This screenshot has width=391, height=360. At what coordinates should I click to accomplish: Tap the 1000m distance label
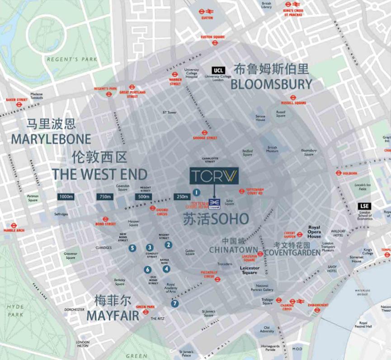point(66,197)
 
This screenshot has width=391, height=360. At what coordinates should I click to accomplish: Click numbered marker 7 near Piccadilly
point(175,303)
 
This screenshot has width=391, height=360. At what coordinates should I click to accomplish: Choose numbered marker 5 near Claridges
point(132,248)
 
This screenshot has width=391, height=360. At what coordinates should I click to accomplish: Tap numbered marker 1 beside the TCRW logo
point(196,192)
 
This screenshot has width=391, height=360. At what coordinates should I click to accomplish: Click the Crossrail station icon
point(214,202)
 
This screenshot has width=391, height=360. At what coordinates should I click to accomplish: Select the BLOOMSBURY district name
point(271,84)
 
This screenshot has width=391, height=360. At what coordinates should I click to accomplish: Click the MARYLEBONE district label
point(51,139)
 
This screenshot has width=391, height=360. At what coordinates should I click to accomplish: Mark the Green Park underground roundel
point(146,312)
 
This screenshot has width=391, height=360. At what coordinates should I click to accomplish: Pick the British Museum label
point(272,150)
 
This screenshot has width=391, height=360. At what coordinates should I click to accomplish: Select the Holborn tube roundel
point(338,173)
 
